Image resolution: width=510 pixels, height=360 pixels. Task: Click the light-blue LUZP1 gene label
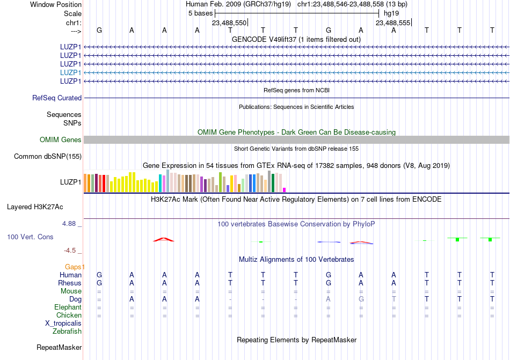71,72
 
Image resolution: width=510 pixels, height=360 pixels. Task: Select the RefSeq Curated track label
57,98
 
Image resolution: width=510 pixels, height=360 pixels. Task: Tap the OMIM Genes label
61,139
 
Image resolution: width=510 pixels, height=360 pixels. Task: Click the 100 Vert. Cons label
30,237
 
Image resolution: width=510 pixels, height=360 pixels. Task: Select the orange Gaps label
74,267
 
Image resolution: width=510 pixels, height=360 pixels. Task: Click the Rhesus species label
70,283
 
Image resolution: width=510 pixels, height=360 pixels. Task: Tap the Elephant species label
68,307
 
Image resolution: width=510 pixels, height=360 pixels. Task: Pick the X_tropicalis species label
63,324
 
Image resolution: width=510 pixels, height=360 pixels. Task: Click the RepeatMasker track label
59,348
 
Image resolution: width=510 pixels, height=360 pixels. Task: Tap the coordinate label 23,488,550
229,23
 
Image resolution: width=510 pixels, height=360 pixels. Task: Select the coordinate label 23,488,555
393,23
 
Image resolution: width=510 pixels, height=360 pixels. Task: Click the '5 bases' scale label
200,13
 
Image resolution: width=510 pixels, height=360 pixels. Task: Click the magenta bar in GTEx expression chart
285,189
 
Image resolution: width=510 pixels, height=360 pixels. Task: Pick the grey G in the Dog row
361,299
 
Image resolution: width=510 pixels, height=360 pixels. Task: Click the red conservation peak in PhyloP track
164,239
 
